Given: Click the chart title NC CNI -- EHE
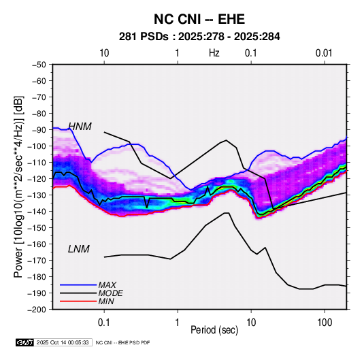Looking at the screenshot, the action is (199, 19).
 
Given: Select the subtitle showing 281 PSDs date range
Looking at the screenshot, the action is (199, 37).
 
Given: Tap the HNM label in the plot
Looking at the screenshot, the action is (80, 127).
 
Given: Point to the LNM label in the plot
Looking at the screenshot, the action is (79, 249).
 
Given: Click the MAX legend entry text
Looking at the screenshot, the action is (107, 285).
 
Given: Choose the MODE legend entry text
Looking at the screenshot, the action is (110, 293).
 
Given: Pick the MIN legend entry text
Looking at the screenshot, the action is (106, 301).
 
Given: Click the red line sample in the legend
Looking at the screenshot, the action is (78, 301).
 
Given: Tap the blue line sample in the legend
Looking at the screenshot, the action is (78, 285).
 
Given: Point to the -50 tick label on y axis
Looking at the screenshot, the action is (39, 65).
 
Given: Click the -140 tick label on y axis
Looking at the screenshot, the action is (37, 212).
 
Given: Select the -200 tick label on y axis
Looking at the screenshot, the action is (37, 310).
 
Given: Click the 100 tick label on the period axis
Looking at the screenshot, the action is (325, 323).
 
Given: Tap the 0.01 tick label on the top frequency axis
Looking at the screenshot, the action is (324, 53).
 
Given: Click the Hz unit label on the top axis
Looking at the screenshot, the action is (214, 53).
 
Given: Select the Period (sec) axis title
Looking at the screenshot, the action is (214, 330).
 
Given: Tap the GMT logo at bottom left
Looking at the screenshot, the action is (25, 342).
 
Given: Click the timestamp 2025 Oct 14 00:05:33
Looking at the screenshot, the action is (63, 342).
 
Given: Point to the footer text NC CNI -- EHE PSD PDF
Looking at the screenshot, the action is (122, 342).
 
